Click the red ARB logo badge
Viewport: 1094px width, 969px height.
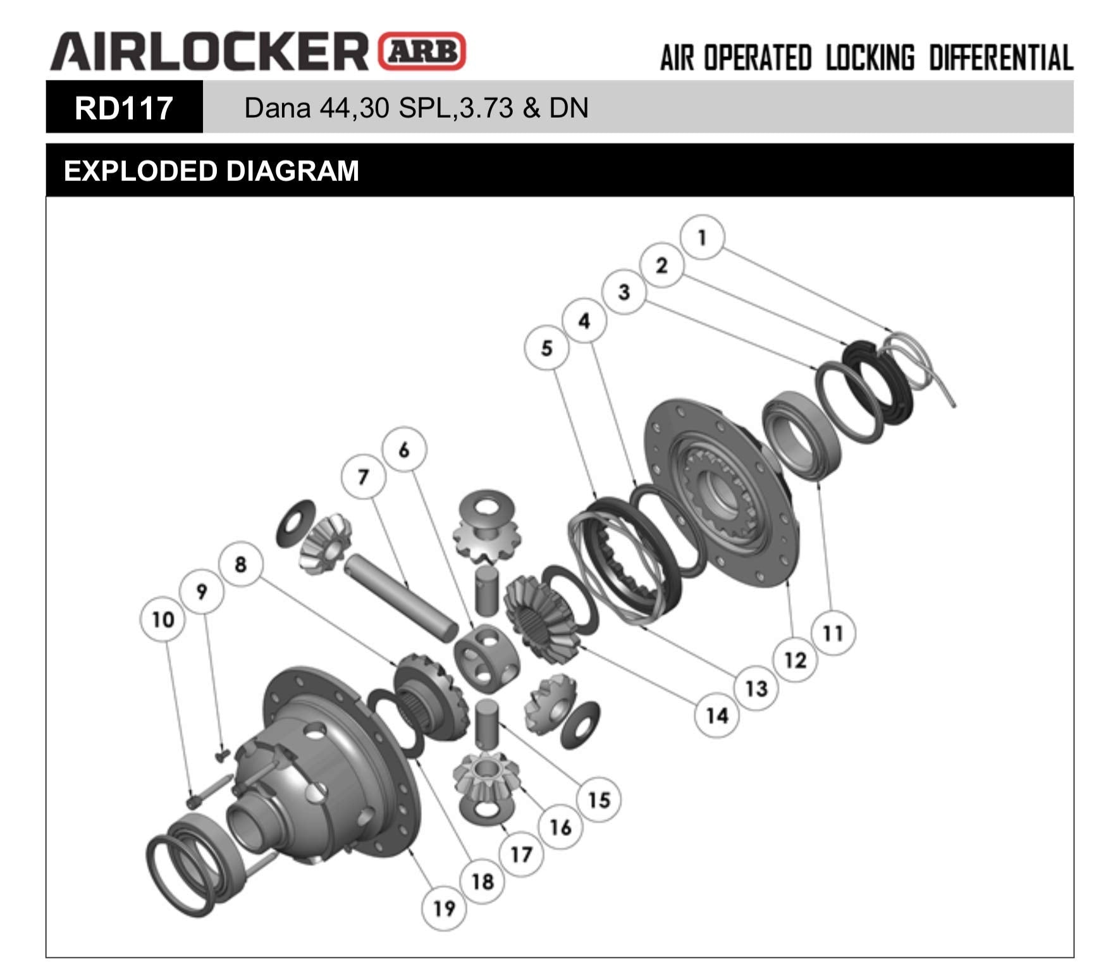(422, 51)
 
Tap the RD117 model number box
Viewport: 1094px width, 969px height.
(124, 108)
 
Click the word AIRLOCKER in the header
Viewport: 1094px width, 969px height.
(209, 51)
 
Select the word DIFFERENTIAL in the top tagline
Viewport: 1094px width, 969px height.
(1000, 58)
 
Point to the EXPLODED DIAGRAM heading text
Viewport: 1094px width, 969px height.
(211, 171)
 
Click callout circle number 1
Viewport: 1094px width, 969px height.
(702, 238)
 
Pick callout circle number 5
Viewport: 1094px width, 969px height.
(546, 348)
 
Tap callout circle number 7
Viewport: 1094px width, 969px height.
(362, 476)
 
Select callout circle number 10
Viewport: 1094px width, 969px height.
(163, 619)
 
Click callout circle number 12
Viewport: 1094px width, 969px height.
(795, 660)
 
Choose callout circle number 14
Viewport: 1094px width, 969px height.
(716, 715)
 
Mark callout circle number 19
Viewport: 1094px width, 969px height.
(444, 908)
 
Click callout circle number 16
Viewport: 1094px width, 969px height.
(560, 827)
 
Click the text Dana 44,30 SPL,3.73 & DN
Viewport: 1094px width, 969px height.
(416, 108)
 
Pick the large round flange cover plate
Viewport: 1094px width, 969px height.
(721, 493)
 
